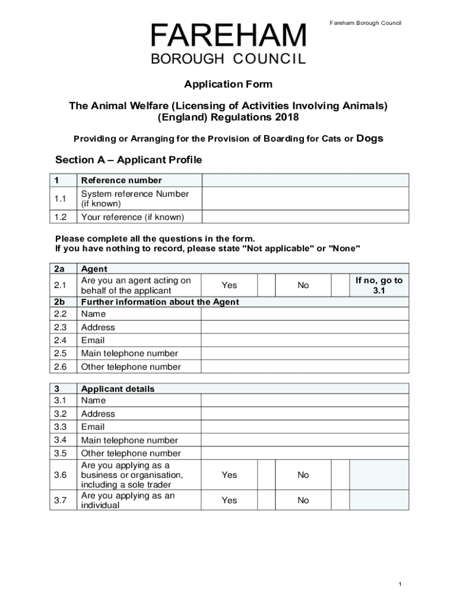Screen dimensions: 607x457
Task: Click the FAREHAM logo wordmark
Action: (x=228, y=37)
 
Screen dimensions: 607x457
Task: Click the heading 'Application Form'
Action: (x=228, y=84)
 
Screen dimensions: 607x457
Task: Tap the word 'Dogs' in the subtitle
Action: (x=370, y=139)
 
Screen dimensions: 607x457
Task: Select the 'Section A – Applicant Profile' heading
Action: (x=129, y=160)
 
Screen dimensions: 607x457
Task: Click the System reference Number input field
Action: (x=305, y=199)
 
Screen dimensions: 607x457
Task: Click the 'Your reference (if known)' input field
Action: (x=305, y=217)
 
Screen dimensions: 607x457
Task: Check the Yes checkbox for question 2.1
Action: (x=266, y=285)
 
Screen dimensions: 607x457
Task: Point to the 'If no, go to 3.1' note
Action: (x=379, y=285)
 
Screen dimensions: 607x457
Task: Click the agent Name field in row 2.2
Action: (x=305, y=314)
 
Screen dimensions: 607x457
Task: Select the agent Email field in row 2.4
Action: (x=305, y=340)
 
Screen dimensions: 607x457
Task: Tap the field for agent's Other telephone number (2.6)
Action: (x=305, y=366)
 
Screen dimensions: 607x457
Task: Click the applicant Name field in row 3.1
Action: (x=305, y=401)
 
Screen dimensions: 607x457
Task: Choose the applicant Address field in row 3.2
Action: (x=305, y=414)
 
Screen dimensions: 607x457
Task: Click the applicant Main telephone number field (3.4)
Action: (x=305, y=440)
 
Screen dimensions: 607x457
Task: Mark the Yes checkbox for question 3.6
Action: (x=266, y=475)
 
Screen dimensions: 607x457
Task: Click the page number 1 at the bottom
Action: (x=400, y=584)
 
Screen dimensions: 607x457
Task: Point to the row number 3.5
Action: (x=60, y=453)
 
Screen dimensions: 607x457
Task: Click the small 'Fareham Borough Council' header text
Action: (x=366, y=23)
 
